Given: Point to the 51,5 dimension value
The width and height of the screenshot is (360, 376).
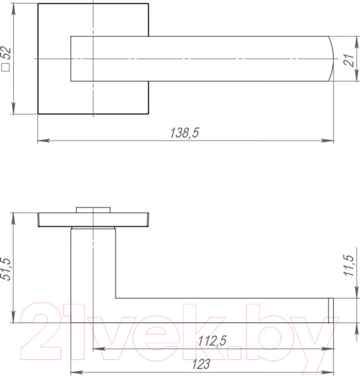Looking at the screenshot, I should coord(7,268).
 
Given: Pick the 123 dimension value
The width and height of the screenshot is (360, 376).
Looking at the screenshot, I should coord(202,363).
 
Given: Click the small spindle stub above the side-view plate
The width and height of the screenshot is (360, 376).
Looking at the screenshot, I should coord(93,209).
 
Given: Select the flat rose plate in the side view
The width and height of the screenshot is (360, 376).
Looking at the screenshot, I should coord(93,219).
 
